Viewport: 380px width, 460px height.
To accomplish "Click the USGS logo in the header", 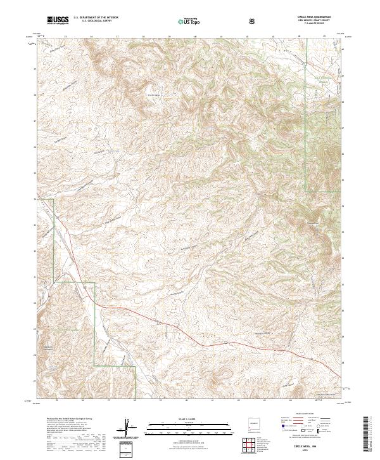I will click(x=58, y=20).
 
